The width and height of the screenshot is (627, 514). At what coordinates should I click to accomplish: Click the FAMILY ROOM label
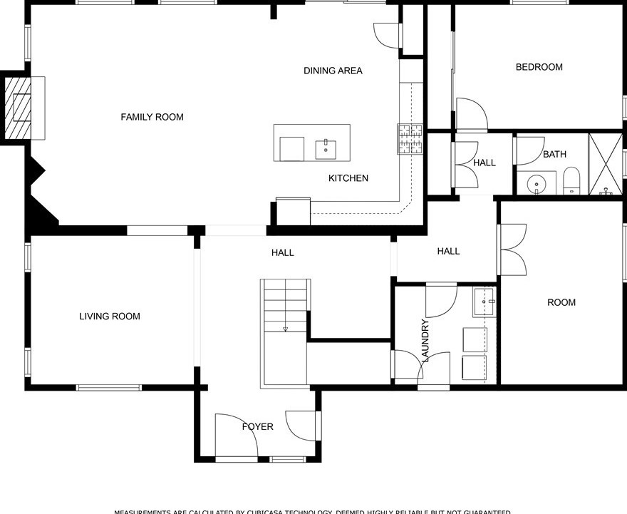pyautogui.click(x=152, y=117)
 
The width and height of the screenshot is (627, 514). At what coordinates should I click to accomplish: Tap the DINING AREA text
pyautogui.click(x=333, y=71)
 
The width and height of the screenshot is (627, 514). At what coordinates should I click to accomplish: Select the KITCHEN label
pyautogui.click(x=348, y=178)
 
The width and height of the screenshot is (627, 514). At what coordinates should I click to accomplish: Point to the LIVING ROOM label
pyautogui.click(x=110, y=317)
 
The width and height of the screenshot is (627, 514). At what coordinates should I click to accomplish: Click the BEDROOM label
pyautogui.click(x=539, y=67)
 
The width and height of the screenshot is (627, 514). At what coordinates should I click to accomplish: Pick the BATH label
pyautogui.click(x=554, y=154)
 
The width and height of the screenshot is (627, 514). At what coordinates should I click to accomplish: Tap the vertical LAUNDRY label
pyautogui.click(x=425, y=341)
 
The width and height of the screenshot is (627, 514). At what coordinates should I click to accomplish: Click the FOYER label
pyautogui.click(x=257, y=427)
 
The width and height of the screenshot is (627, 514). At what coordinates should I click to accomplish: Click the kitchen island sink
pyautogui.click(x=326, y=149)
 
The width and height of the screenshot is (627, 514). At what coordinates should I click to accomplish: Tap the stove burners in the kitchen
pyautogui.click(x=410, y=139)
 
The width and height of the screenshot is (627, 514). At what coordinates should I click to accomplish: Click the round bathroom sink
pyautogui.click(x=537, y=183)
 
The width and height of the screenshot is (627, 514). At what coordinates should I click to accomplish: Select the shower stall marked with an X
pyautogui.click(x=606, y=164)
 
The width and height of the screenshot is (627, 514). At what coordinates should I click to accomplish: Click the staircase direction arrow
pyautogui.click(x=285, y=329)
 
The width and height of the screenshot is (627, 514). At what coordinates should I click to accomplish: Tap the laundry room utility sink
pyautogui.click(x=484, y=302)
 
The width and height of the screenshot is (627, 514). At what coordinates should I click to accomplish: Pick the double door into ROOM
pyautogui.click(x=512, y=250)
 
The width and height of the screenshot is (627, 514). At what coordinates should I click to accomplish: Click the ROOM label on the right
pyautogui.click(x=561, y=302)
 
